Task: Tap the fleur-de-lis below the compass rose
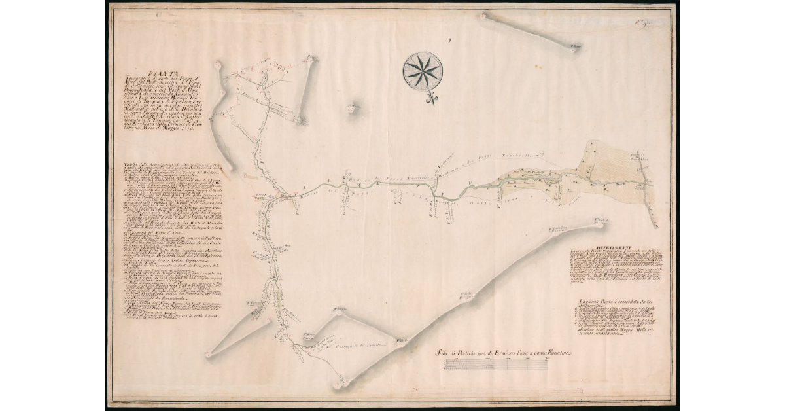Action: pos(431,99)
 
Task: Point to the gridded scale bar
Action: pos(495,365)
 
